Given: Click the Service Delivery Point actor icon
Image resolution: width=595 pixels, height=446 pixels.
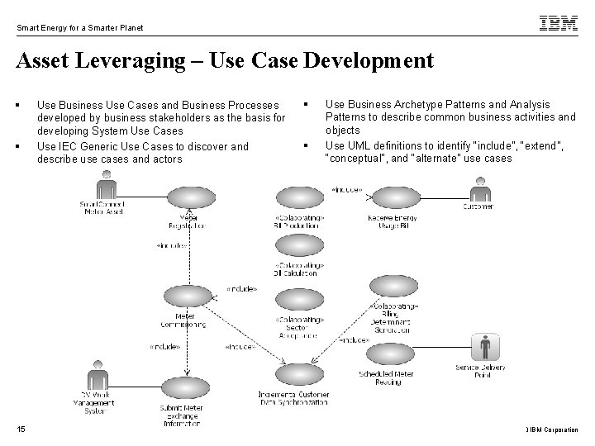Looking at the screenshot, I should [481, 348].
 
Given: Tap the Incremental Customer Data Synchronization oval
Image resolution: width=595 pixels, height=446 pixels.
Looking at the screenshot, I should [294, 375].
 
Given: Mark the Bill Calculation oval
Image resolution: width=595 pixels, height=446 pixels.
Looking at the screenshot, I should [294, 245].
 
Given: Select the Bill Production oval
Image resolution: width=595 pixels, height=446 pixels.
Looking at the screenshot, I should [294, 198].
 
